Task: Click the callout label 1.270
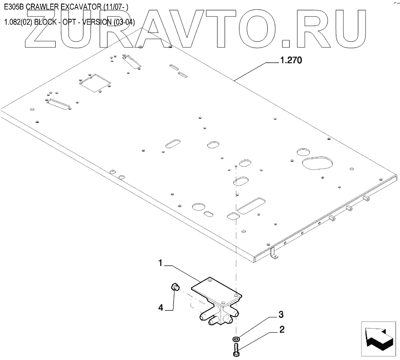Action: pyautogui.click(x=291, y=61)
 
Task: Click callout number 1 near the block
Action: pyautogui.click(x=160, y=264)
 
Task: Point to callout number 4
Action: pyautogui.click(x=160, y=308)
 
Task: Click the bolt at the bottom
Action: pyautogui.click(x=236, y=348)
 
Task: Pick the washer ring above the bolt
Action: pyautogui.click(x=236, y=338)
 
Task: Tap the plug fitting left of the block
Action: pyautogui.click(x=176, y=286)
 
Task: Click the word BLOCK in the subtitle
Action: pyautogui.click(x=44, y=22)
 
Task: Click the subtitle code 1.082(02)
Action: pyautogui.click(x=17, y=22)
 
